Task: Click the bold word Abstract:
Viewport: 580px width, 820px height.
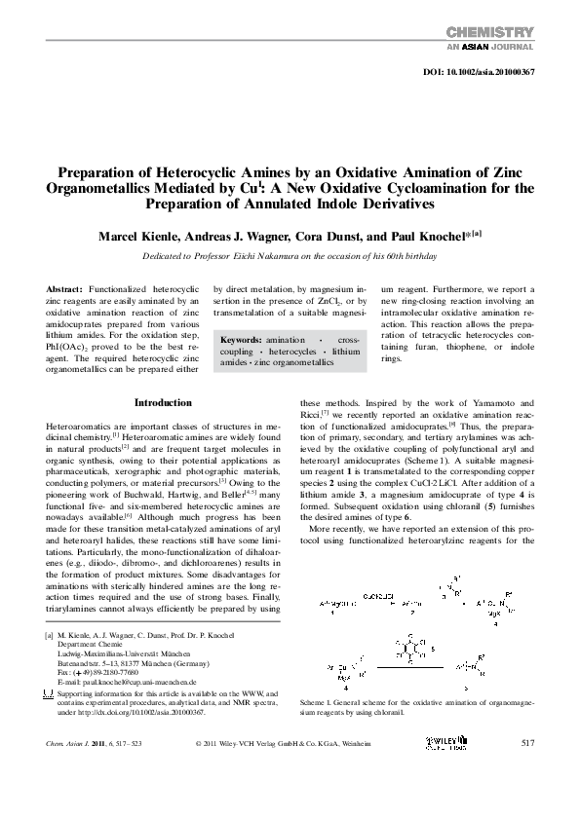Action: (64, 290)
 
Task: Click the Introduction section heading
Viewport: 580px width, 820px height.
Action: (163, 402)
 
